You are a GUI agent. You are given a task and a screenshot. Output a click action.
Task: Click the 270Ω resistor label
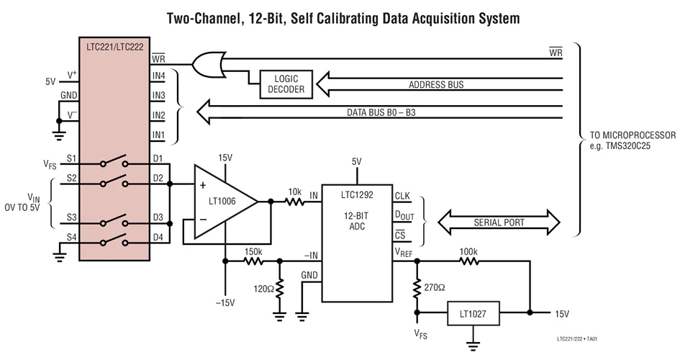435,287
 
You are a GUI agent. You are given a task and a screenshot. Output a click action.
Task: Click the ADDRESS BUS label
436,85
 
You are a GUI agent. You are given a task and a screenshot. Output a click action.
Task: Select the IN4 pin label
159,75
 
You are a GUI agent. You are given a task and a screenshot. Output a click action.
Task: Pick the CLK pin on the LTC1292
402,195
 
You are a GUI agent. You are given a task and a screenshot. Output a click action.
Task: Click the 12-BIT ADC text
356,220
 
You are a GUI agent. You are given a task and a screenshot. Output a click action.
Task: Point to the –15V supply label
225,302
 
